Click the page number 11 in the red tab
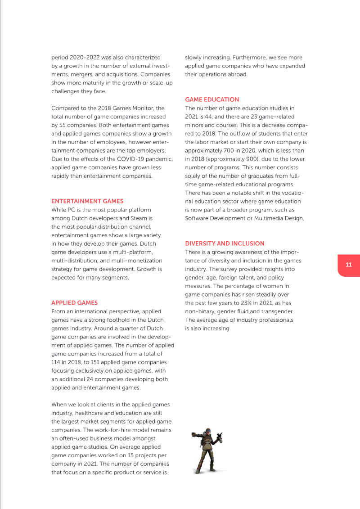coord(349,265)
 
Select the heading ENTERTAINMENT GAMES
coord(87,201)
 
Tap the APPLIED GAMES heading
coord(74,303)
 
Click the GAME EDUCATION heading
coord(212,99)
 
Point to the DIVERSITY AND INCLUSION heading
coord(225,243)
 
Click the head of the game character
coord(207,432)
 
